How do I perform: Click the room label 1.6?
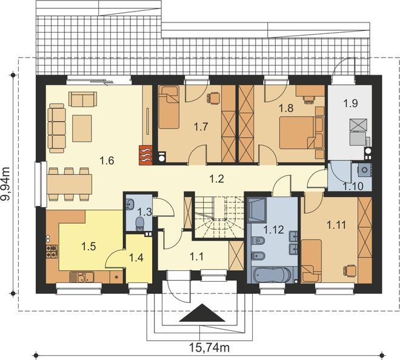[x=107, y=161]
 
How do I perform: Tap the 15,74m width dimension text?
[x=209, y=347]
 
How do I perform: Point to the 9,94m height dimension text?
[x=5, y=184]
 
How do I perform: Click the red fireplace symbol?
[x=145, y=155]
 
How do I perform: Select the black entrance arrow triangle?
[x=202, y=313]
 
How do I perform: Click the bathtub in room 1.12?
[x=272, y=275]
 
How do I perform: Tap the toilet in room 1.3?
[x=139, y=223]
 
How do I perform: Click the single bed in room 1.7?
[x=168, y=107]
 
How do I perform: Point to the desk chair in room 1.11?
[x=350, y=270]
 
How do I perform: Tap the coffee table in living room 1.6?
[x=82, y=128]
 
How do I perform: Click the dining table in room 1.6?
[x=69, y=184]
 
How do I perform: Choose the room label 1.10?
[x=353, y=186]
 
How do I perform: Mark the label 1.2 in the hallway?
[x=216, y=179]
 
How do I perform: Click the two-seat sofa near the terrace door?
[x=82, y=99]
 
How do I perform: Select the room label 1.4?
[x=136, y=258]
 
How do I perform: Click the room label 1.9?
[x=350, y=103]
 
